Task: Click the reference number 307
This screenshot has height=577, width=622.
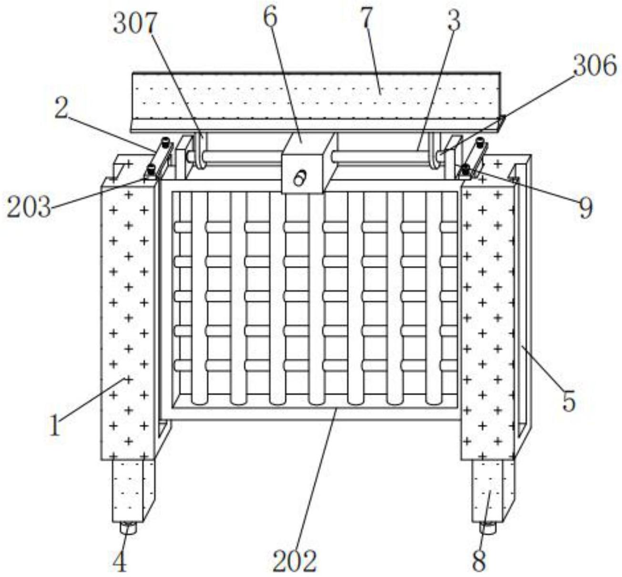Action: (135, 24)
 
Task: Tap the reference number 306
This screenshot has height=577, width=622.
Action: (594, 65)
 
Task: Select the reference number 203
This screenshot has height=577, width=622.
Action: (29, 208)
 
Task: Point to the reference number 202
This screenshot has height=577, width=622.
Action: (295, 561)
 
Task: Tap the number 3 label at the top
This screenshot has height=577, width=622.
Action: (454, 21)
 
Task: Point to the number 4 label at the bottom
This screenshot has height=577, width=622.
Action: (120, 562)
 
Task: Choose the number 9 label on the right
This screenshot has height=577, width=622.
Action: (586, 208)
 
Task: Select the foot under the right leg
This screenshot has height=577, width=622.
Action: (488, 527)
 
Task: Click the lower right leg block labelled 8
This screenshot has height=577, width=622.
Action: (489, 491)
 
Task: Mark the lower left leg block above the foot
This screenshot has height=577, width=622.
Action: (130, 491)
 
